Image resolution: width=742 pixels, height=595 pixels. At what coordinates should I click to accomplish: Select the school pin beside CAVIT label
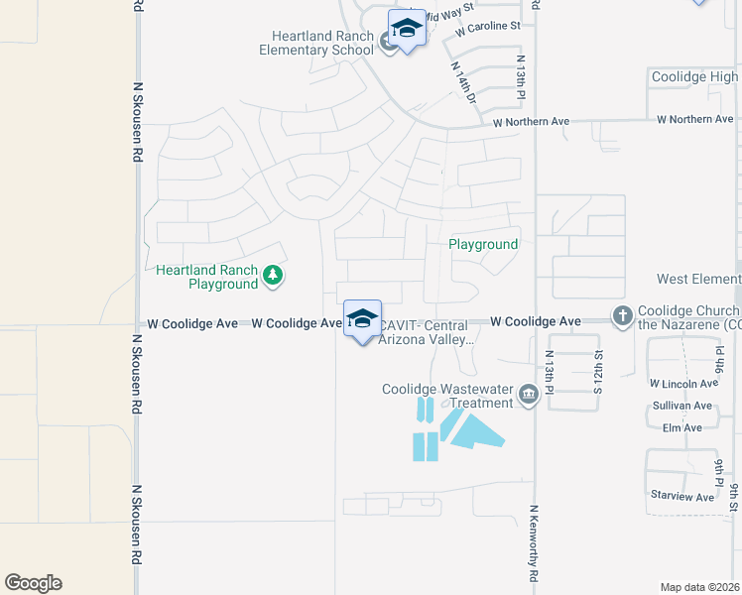click(x=362, y=319)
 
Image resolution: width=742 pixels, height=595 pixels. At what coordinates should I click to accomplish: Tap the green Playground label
click(x=483, y=244)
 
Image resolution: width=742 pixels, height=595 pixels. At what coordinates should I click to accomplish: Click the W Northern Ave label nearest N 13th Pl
click(x=531, y=122)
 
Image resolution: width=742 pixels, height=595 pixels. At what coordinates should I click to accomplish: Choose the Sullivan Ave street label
click(x=682, y=406)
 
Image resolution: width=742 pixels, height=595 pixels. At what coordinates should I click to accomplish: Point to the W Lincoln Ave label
click(x=683, y=383)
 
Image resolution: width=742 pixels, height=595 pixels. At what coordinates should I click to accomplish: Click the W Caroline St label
click(x=488, y=27)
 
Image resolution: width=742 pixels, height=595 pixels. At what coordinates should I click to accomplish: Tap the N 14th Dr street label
click(x=463, y=82)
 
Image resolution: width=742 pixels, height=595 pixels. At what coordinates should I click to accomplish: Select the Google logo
click(x=33, y=583)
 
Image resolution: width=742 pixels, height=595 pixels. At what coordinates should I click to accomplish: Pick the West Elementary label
click(x=698, y=280)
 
